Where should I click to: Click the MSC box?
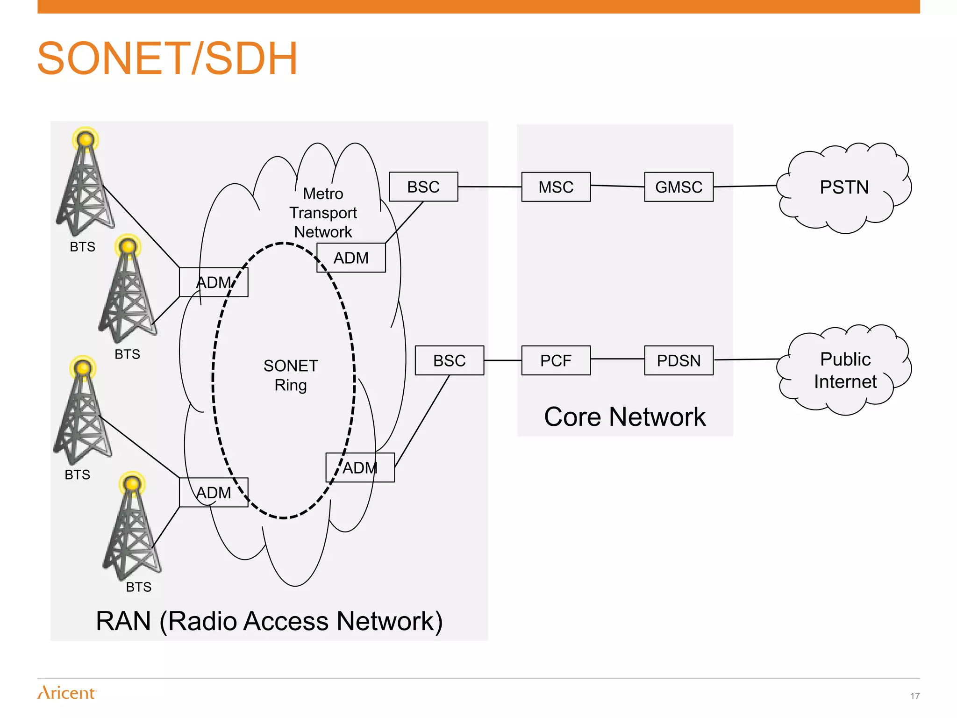click(x=556, y=187)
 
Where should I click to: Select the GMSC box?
click(x=678, y=187)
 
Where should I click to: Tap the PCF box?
click(x=556, y=360)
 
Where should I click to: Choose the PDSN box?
click(x=678, y=360)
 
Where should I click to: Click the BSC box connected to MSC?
click(x=423, y=187)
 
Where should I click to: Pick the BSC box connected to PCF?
click(x=449, y=360)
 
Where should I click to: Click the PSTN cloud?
click(x=844, y=187)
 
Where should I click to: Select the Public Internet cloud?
click(x=845, y=370)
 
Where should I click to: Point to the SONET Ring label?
click(x=291, y=375)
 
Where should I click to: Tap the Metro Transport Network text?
click(x=323, y=213)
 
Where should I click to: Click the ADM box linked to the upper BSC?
click(x=351, y=258)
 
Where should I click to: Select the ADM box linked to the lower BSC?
click(x=360, y=467)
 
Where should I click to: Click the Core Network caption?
click(x=625, y=416)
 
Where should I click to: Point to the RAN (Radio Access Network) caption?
click(x=269, y=621)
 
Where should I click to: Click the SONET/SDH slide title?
click(x=167, y=58)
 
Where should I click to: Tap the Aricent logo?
click(x=67, y=693)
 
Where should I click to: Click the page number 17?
click(x=914, y=696)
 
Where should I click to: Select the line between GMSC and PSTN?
click(x=745, y=186)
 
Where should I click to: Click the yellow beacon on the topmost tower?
click(x=86, y=139)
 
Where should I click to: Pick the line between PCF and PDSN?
click(x=617, y=359)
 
